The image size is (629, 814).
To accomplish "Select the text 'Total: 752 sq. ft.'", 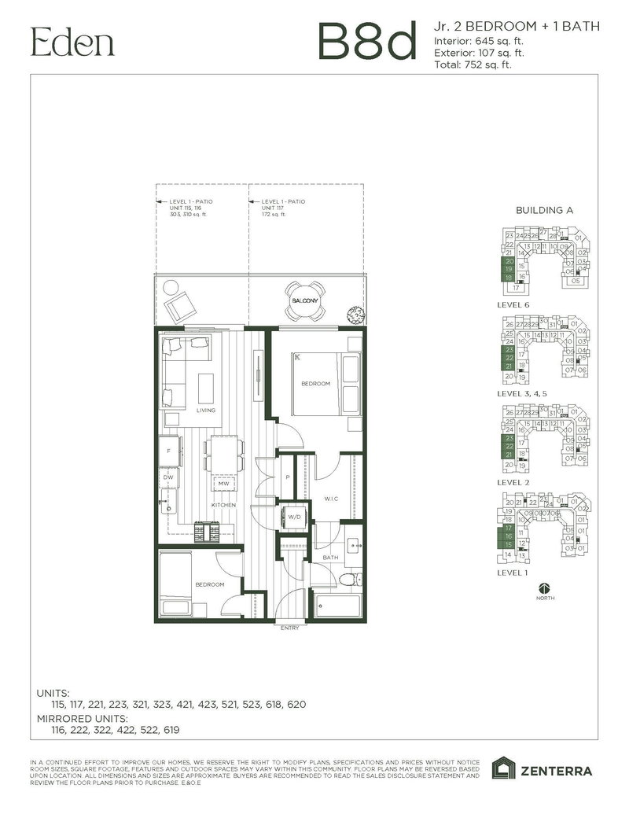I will pos(473,65).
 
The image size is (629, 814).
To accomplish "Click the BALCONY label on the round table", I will pos(303,301).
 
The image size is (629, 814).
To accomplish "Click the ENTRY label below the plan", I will pos(289,628).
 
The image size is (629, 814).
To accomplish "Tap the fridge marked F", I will pos(168,451).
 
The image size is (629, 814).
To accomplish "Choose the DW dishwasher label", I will pos(168,477).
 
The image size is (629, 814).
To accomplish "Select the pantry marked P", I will pos(287,477).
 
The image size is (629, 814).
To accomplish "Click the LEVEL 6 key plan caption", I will pos(515,303).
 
